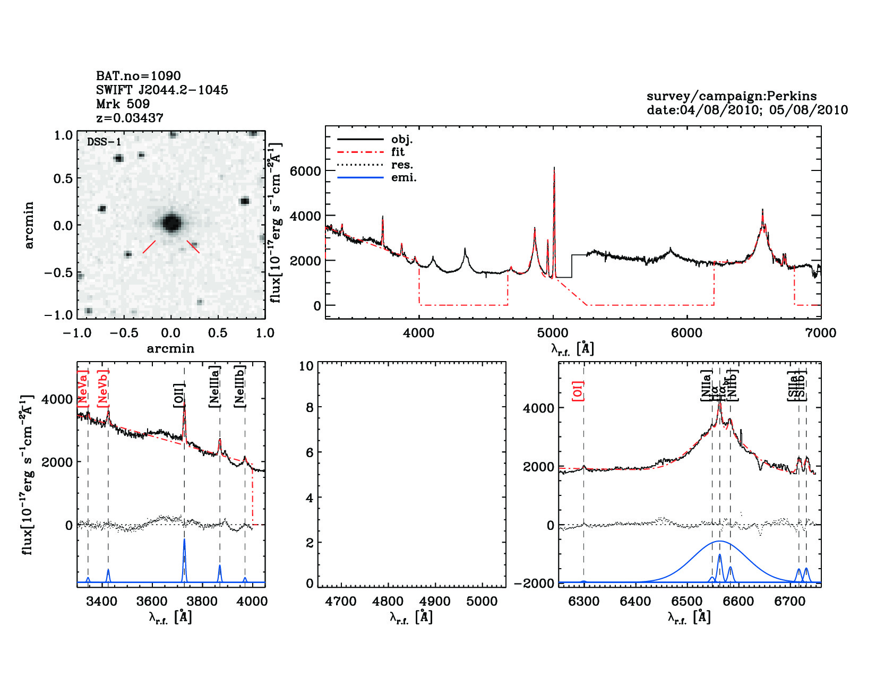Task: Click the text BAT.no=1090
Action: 138,76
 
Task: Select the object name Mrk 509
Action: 123,104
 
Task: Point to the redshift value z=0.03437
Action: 130,118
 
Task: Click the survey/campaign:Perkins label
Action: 731,96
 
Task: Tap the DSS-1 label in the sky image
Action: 104,142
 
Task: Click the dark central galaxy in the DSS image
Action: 171,222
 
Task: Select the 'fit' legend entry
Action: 398,152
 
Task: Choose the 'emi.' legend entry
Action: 403,178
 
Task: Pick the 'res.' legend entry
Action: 402,165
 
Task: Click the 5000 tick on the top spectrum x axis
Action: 553,333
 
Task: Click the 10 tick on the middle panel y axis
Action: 306,366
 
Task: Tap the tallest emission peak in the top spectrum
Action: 554,169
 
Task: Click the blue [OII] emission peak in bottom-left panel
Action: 184,541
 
